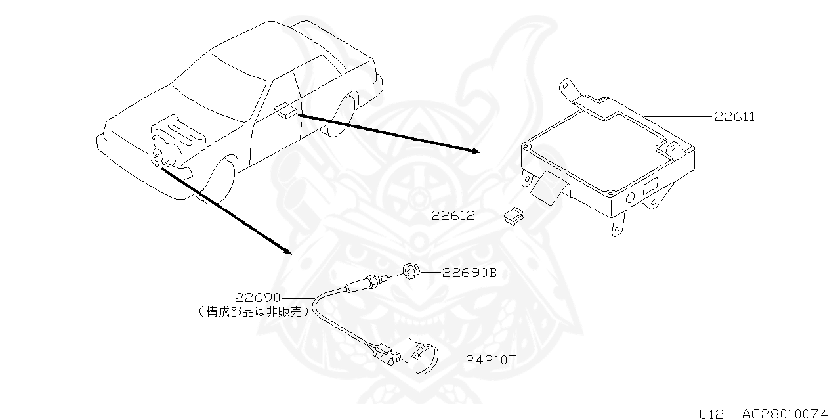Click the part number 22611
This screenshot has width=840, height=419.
pyautogui.click(x=734, y=116)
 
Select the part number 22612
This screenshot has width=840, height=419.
pyautogui.click(x=453, y=216)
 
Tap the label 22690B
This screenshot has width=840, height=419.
pyautogui.click(x=469, y=273)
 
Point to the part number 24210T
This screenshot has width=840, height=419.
pyautogui.click(x=491, y=361)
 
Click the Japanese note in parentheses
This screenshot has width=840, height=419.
pyautogui.click(x=254, y=311)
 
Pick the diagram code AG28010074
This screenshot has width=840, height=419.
pyautogui.click(x=785, y=413)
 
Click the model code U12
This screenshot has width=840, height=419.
pyautogui.click(x=711, y=413)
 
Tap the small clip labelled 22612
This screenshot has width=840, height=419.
pyautogui.click(x=514, y=216)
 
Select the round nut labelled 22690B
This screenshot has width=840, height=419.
pyautogui.click(x=411, y=271)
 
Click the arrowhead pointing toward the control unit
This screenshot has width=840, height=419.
pyautogui.click(x=476, y=151)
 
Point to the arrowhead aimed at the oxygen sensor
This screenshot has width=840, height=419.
pyautogui.click(x=287, y=251)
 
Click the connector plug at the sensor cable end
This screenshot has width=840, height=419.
pyautogui.click(x=386, y=354)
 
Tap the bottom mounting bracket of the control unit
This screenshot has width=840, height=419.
pyautogui.click(x=618, y=225)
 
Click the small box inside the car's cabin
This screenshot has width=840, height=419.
pyautogui.click(x=285, y=111)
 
